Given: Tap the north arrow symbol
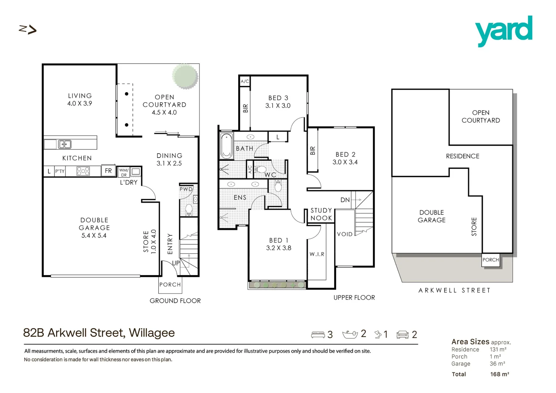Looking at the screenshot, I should (28, 29).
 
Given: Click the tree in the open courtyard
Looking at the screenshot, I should (185, 76).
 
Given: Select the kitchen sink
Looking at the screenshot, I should (65, 144).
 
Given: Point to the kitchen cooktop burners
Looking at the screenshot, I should (83, 171).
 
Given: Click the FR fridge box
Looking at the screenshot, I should (108, 171).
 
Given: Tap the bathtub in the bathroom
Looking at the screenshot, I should (226, 146).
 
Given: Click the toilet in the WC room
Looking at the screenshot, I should (261, 170).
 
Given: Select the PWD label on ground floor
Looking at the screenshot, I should (186, 189).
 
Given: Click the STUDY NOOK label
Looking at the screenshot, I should (321, 214).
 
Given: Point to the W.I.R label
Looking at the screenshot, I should (317, 254).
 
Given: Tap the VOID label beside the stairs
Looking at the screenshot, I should (344, 234).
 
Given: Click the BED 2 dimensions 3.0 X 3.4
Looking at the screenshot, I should (345, 162).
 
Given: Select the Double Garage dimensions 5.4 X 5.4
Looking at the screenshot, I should (94, 235).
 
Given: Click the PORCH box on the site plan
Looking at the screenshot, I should (490, 260).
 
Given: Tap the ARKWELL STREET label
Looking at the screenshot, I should (454, 290).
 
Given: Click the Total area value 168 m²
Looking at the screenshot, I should (500, 374).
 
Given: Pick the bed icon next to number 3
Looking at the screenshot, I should (318, 334).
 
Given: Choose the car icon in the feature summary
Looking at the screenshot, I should (403, 334).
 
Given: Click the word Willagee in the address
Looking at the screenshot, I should (152, 333).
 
